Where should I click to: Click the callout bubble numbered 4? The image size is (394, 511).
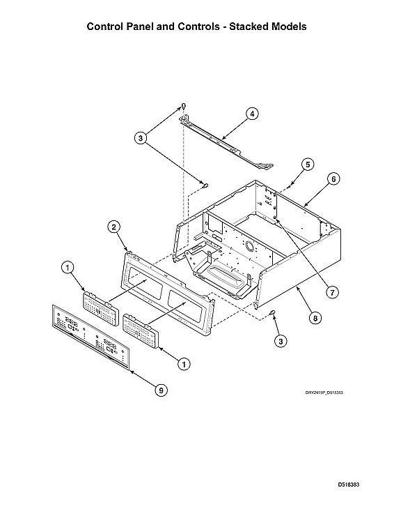(251, 113)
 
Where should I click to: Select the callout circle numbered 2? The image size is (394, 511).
(114, 226)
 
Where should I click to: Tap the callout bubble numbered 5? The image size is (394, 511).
(307, 165)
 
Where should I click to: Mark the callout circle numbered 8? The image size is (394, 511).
(315, 317)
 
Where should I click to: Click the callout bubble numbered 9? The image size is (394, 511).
(160, 391)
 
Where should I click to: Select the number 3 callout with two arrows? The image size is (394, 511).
(141, 139)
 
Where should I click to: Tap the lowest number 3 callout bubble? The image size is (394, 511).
(280, 341)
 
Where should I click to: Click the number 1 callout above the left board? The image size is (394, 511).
(67, 266)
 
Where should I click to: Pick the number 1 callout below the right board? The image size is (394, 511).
(184, 363)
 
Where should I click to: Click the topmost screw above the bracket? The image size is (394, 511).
(183, 106)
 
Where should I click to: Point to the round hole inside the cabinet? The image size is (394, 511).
(251, 247)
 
